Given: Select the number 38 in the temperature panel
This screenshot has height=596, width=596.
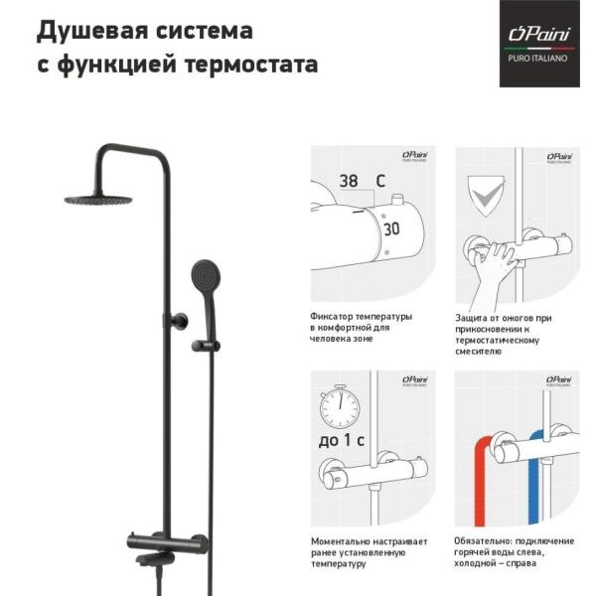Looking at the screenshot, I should (x=349, y=182).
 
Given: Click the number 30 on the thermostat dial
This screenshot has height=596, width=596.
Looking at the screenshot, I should (x=391, y=227).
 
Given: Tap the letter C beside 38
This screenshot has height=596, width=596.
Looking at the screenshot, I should (x=379, y=182).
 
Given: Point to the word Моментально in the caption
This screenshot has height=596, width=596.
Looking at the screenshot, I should (x=343, y=541).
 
